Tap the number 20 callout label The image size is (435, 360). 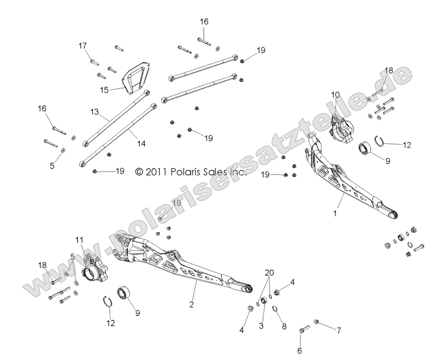(269, 272)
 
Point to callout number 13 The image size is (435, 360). (95, 111)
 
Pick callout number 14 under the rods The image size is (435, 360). (141, 144)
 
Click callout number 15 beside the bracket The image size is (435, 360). (104, 90)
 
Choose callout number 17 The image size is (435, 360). (82, 45)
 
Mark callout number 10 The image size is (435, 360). (335, 95)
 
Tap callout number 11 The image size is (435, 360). (80, 240)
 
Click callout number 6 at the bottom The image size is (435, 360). (299, 351)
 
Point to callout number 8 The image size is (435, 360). (284, 325)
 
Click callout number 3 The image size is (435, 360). (260, 325)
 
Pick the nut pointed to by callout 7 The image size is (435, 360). (317, 321)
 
